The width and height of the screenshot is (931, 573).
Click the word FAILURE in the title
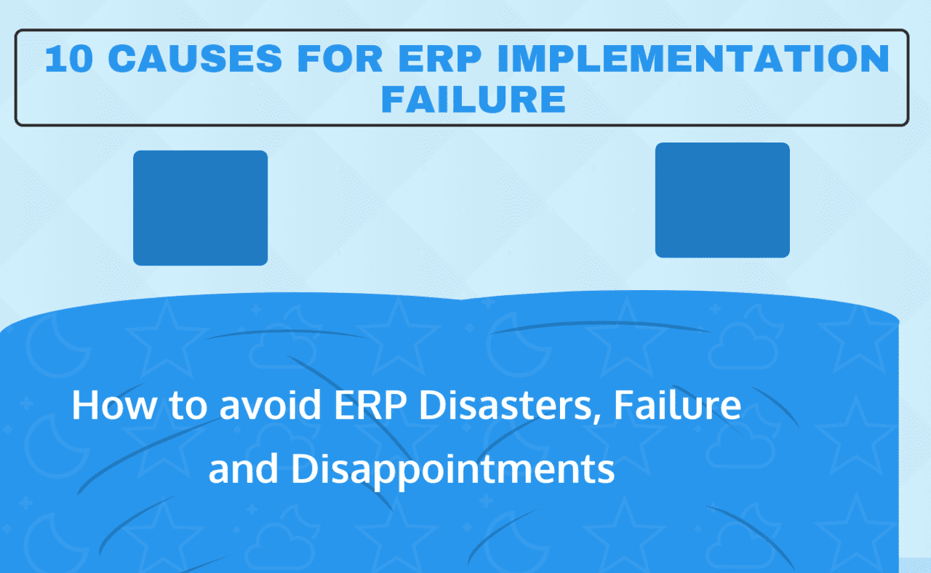[474, 100]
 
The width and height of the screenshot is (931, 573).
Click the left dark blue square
[200, 208]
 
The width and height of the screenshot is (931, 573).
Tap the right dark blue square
[722, 200]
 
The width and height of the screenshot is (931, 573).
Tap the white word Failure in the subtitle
[678, 406]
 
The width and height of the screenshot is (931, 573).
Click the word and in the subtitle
[244, 470]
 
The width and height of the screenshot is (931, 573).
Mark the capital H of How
[84, 406]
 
